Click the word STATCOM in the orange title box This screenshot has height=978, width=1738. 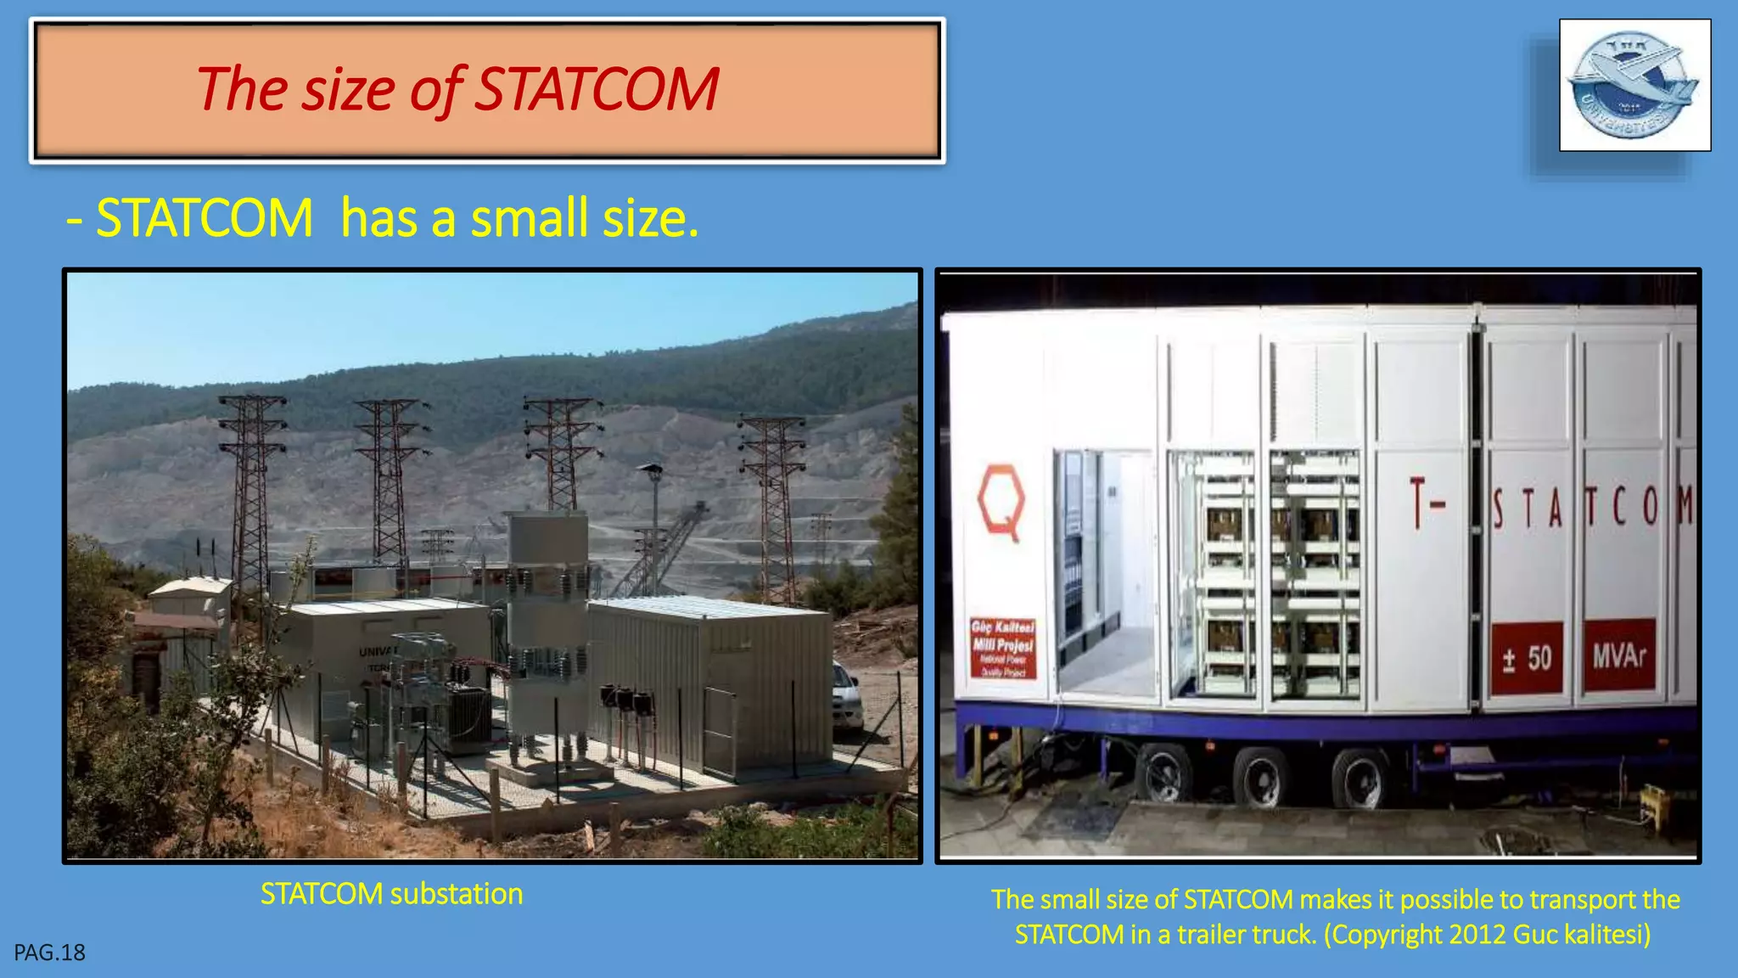pyautogui.click(x=597, y=89)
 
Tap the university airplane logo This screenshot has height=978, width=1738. pyautogui.click(x=1634, y=86)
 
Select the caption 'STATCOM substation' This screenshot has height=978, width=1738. pyautogui.click(x=391, y=894)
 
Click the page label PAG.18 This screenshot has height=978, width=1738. pyautogui.click(x=49, y=953)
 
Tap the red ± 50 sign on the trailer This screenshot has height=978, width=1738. pyautogui.click(x=1527, y=658)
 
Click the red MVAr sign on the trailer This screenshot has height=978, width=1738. pyautogui.click(x=1618, y=655)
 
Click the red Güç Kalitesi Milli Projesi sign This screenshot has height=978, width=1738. pyautogui.click(x=1003, y=648)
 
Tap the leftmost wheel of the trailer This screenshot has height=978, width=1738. pyautogui.click(x=1164, y=773)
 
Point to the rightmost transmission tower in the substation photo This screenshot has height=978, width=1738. pyautogui.click(x=772, y=501)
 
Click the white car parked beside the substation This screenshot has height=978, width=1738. pyautogui.click(x=847, y=698)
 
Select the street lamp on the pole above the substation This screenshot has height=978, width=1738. pyautogui.click(x=651, y=469)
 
